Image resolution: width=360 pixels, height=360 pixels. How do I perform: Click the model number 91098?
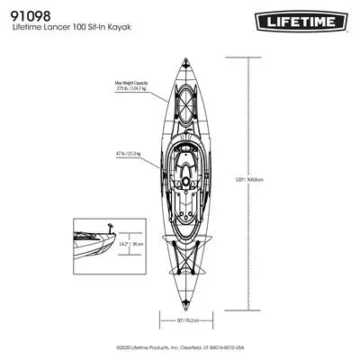point(31,15)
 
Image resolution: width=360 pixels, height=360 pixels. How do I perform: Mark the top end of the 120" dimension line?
point(249,58)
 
